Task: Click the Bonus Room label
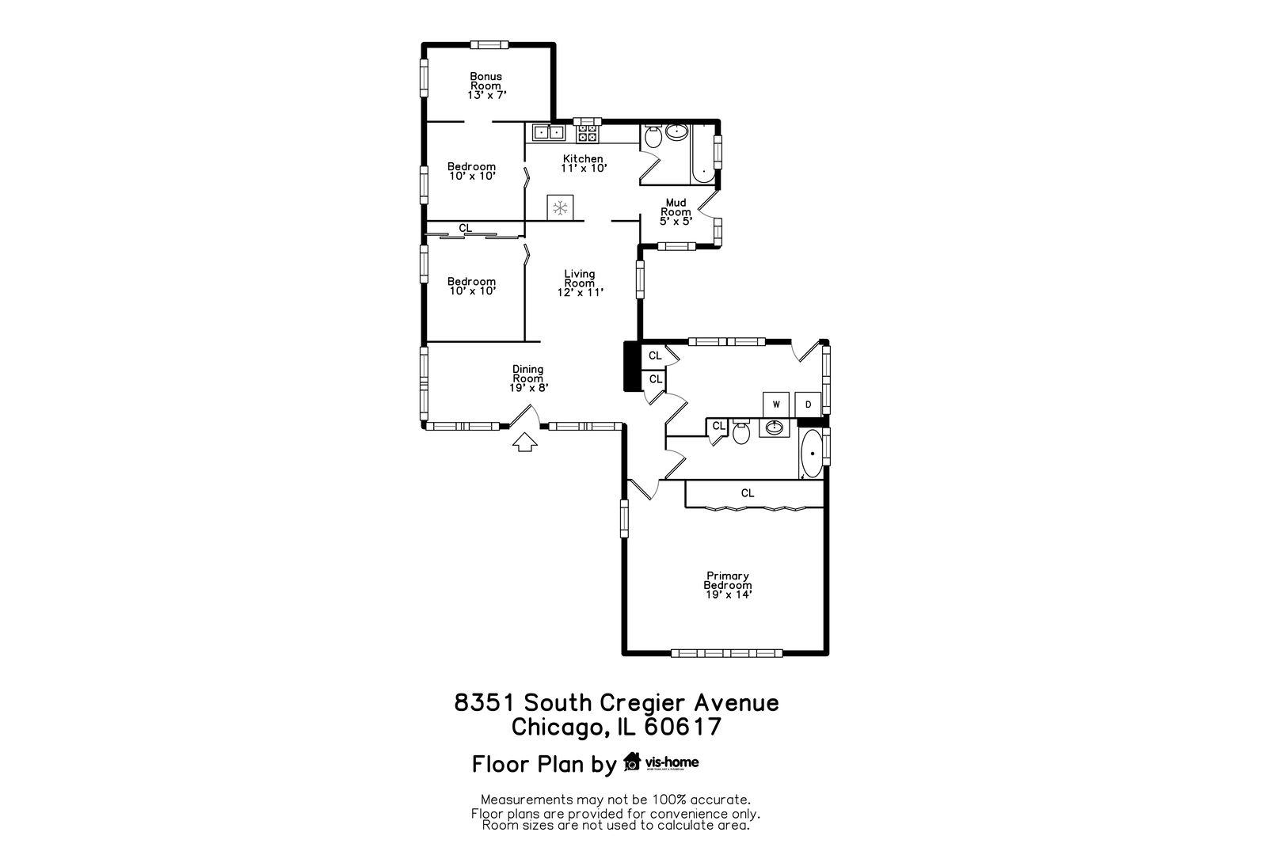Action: (x=486, y=85)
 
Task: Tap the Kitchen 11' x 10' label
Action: (x=583, y=163)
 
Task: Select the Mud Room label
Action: (x=676, y=211)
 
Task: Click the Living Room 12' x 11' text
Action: (x=580, y=283)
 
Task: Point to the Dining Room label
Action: (x=528, y=378)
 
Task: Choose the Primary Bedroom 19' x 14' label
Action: (x=728, y=585)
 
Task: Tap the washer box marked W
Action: (x=776, y=405)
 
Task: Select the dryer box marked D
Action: (x=808, y=405)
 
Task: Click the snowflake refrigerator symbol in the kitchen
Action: (x=561, y=208)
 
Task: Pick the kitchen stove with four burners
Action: (x=587, y=132)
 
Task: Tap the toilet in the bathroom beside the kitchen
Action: (x=653, y=138)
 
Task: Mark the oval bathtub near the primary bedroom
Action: (x=812, y=454)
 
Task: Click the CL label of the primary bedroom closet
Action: (x=748, y=492)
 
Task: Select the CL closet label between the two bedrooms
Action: (x=466, y=228)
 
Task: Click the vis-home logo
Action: (x=662, y=762)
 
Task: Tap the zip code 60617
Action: (x=683, y=727)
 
